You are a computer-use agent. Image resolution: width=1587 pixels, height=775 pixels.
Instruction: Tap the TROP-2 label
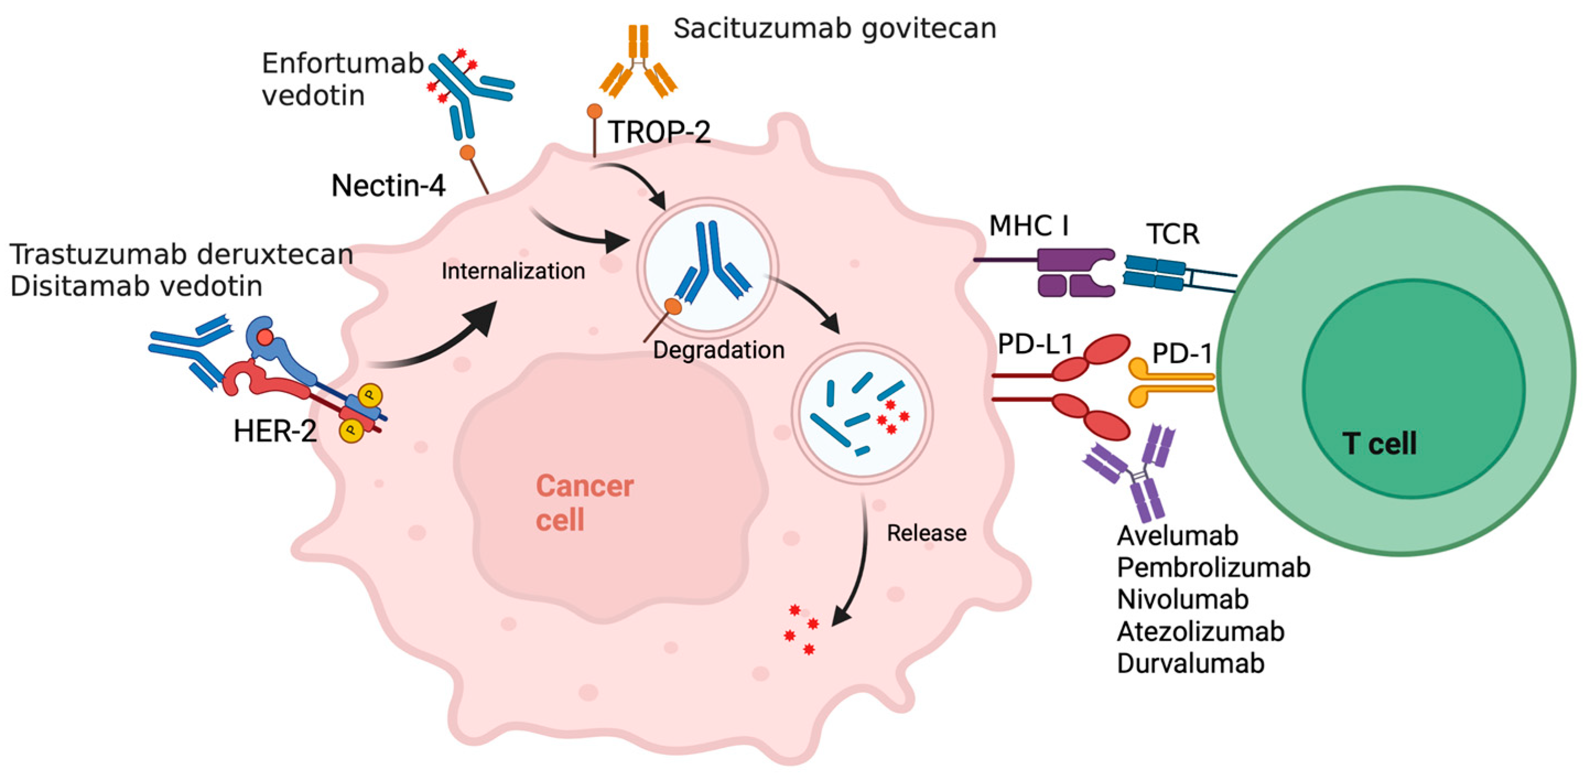tap(659, 132)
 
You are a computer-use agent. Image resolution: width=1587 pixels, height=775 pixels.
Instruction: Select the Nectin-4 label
tap(388, 185)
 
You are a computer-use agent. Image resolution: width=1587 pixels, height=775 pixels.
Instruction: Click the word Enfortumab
tap(343, 63)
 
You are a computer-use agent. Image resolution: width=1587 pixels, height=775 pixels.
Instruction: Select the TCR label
tap(1172, 234)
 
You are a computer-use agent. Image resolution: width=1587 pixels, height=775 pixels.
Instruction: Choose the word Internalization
tap(513, 271)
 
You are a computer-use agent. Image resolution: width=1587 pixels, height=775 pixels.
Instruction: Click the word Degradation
tap(718, 350)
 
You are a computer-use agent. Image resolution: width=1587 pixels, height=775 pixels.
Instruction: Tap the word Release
tap(926, 533)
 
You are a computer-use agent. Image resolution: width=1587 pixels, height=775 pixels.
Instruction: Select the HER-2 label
tap(275, 432)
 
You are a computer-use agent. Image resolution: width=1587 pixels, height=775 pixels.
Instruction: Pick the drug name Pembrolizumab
tap(1213, 567)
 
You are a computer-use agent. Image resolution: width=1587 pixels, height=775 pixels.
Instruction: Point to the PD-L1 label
tap(1036, 345)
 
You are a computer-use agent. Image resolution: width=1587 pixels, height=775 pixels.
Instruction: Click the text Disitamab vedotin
tap(136, 286)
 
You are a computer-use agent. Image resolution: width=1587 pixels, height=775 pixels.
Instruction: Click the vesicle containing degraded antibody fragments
tap(862, 413)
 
